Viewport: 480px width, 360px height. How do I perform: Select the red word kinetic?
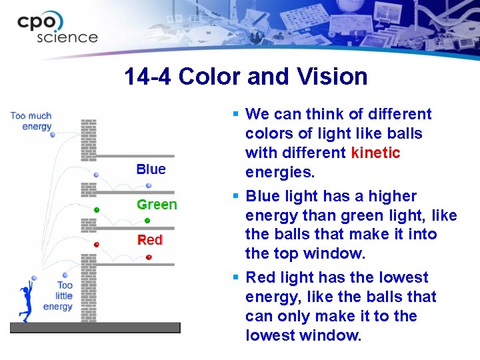[375, 153]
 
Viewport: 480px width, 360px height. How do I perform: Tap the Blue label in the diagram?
[151, 169]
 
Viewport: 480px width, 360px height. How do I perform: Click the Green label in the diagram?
[157, 205]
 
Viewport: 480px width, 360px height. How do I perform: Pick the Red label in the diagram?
[150, 240]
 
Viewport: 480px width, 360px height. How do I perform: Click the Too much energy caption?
[31, 121]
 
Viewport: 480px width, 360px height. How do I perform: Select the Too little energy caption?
[58, 296]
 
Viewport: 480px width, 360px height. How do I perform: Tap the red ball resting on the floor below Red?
[149, 257]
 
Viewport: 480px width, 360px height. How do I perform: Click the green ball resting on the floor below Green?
[147, 221]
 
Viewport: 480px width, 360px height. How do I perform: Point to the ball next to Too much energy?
[53, 135]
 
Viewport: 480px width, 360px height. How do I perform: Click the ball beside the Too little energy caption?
[34, 277]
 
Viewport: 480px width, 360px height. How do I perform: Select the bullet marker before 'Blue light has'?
[236, 196]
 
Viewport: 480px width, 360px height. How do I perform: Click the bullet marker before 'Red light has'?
[236, 277]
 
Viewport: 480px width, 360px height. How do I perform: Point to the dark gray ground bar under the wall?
[95, 327]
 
